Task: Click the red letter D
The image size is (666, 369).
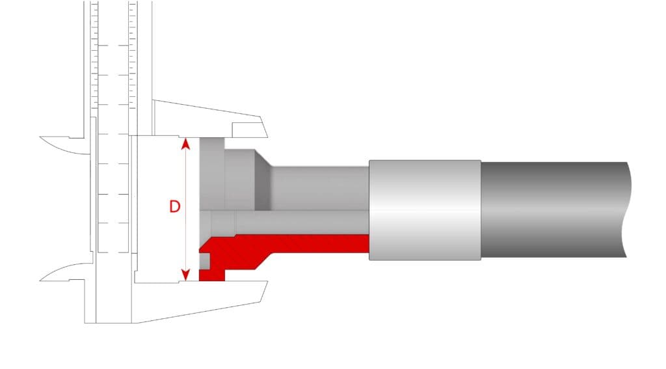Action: click(174, 206)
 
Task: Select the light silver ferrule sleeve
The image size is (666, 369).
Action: click(425, 210)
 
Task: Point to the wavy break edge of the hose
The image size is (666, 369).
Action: click(627, 210)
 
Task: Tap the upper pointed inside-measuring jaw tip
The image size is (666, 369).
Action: click(41, 137)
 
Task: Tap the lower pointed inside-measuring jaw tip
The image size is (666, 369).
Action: click(41, 280)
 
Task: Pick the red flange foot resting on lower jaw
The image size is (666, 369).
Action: click(212, 275)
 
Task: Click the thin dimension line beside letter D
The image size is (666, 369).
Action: click(185, 209)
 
